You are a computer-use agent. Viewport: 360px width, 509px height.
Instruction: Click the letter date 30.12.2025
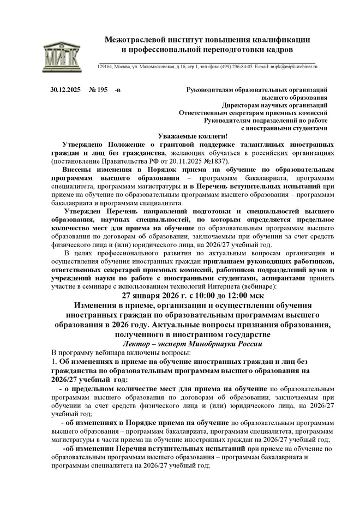pos(65,89)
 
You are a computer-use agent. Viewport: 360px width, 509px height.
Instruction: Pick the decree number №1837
pos(215,162)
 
